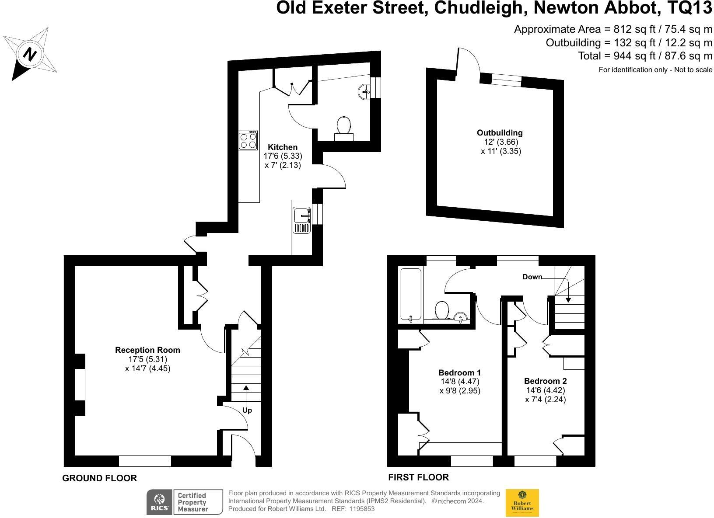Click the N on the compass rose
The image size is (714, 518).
point(30,54)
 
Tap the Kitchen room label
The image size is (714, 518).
point(283,147)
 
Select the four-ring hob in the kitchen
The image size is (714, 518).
point(248,140)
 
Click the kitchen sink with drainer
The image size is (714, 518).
point(301,220)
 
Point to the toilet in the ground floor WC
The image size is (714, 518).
point(344,129)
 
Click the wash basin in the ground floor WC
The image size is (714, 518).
point(364,92)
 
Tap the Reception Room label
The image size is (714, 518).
point(147,350)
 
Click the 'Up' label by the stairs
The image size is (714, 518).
point(247,410)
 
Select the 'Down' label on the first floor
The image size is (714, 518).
point(532,277)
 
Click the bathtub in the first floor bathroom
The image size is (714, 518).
point(411,295)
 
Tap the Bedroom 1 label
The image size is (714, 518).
point(460,373)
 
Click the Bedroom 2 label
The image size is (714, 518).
point(546,381)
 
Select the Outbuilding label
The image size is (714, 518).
point(500,133)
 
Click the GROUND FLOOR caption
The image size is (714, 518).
point(99,478)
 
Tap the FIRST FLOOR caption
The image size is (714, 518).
point(419,477)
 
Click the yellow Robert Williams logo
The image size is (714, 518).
point(522,503)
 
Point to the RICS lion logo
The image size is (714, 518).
point(159,502)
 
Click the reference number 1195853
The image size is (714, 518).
point(362,509)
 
